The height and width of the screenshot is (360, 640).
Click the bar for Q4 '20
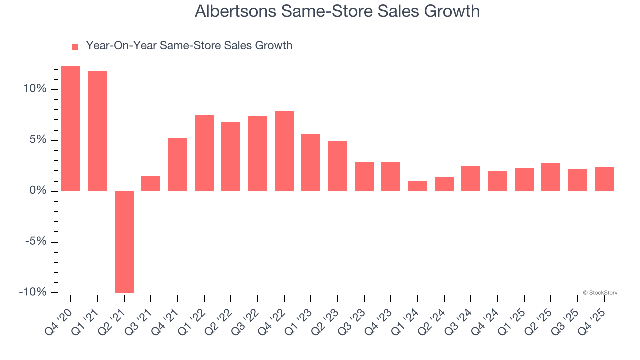coord(71,128)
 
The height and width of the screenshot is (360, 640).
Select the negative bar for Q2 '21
coord(124,242)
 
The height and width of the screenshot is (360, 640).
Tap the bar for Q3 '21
coord(151,183)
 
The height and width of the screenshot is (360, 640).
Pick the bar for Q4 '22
coord(284,151)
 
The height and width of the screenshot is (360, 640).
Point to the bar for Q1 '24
coord(418,186)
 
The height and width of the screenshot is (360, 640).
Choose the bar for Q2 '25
coord(551,177)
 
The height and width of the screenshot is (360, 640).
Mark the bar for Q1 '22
coord(204,153)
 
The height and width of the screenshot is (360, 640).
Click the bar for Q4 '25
coord(604,179)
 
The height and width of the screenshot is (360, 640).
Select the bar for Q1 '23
coord(311,162)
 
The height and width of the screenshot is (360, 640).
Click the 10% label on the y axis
coord(35,89)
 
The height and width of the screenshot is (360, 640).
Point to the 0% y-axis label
coord(38,191)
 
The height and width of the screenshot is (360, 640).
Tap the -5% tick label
coord(36,242)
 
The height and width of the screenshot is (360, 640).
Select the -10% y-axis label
coord(33,292)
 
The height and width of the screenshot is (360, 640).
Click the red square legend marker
coord(75,47)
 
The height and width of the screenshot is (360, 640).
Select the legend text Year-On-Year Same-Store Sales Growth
coord(189,46)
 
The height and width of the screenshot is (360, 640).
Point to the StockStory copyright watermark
coord(600,293)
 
